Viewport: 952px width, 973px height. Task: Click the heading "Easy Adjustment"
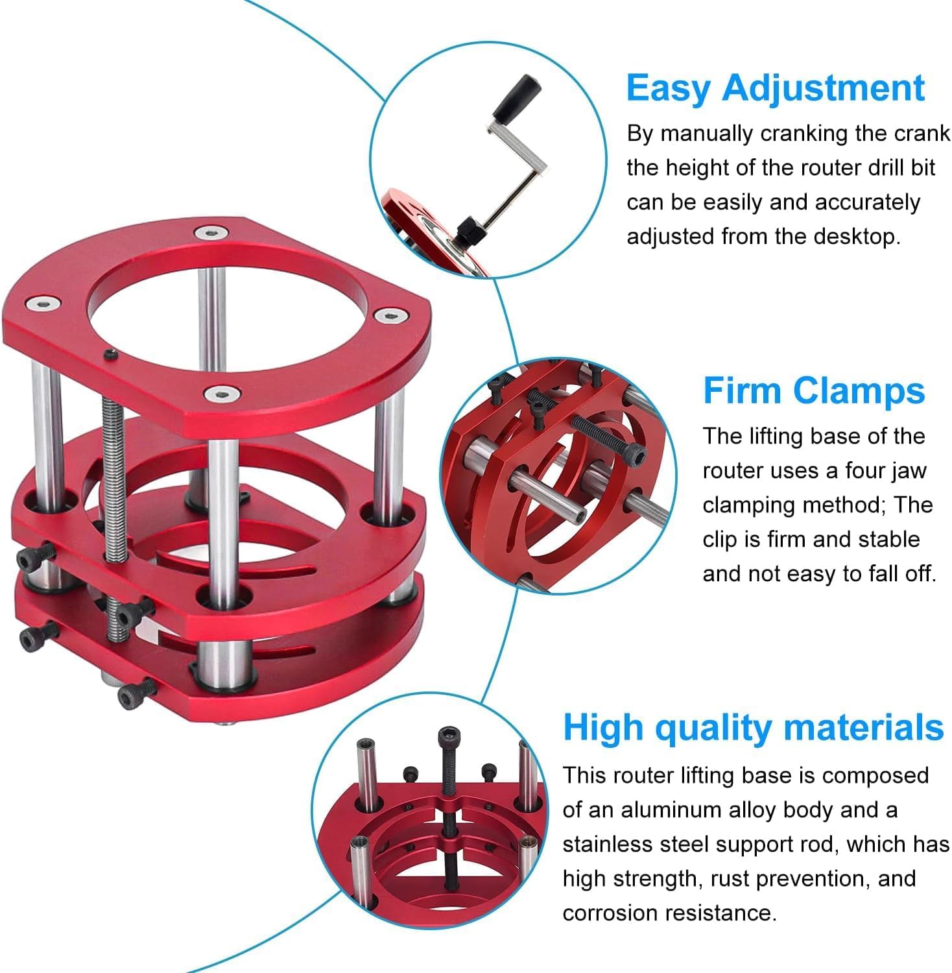pos(775,88)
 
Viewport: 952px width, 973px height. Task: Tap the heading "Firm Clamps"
pos(814,390)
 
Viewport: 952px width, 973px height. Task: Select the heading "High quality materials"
pos(753,728)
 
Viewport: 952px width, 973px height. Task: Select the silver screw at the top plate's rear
pos(209,232)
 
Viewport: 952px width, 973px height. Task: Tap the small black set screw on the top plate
pos(112,354)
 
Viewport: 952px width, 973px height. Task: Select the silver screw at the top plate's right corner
pos(390,316)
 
